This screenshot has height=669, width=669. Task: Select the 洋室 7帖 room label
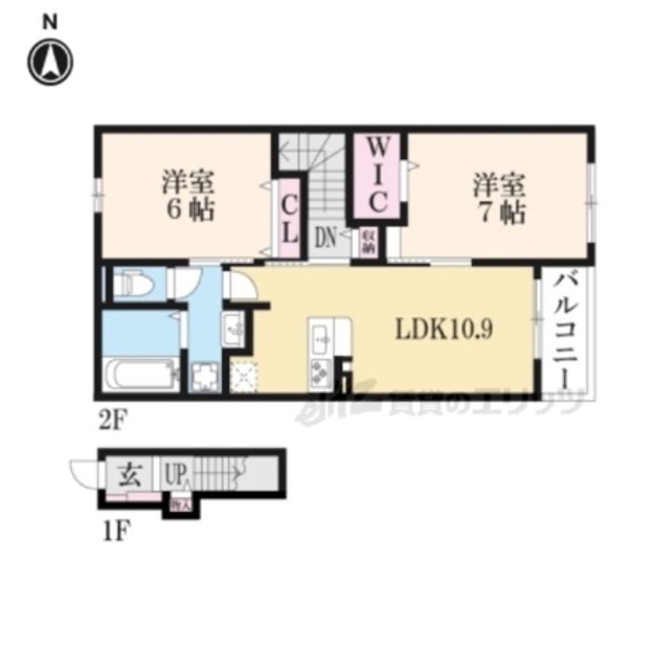coord(500,197)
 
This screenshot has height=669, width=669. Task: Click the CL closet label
coord(290,215)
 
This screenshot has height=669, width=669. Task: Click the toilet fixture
coord(131,282)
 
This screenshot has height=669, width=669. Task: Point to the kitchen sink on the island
coord(321,339)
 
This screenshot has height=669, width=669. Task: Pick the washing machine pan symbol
coord(203,377)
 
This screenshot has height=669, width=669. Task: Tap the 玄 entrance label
coord(128,476)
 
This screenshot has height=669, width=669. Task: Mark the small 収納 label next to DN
coord(368,243)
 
